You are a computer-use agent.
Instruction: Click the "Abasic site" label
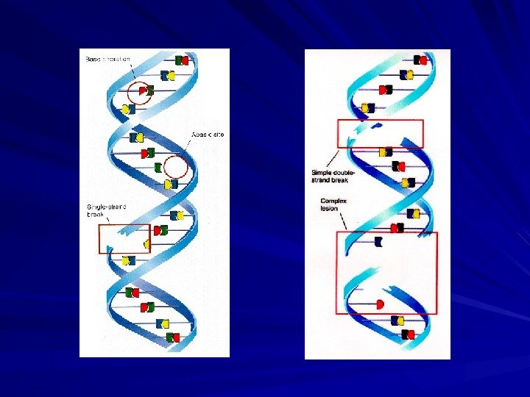208,135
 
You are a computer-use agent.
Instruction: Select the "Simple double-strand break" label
331,176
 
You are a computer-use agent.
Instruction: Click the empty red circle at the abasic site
176,167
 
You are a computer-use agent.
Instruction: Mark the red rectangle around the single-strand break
124,239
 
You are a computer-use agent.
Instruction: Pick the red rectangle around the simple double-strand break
380,133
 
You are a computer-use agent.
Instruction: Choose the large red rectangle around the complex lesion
386,273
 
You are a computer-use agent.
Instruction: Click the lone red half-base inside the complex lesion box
380,303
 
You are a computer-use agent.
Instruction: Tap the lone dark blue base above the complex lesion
378,241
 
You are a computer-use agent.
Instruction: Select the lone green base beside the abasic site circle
158,167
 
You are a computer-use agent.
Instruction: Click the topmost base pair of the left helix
181,60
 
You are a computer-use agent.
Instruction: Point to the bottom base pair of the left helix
173,337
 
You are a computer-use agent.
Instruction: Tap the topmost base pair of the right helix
420,60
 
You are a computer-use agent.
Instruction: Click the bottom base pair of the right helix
407,335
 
